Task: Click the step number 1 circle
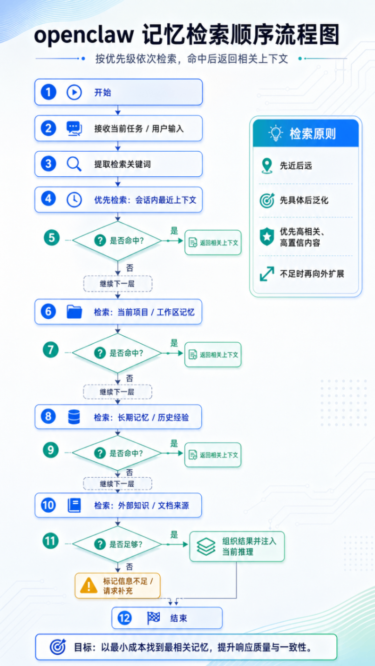coord(48,92)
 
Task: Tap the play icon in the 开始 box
coord(74,92)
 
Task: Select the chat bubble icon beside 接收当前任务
coord(74,128)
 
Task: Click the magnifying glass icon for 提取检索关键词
coord(74,164)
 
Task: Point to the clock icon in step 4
coord(74,199)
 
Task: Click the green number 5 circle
coord(52,238)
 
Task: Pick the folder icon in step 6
coord(74,311)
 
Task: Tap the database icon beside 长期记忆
coord(74,416)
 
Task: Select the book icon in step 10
coord(74,505)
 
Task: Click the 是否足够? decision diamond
coord(117,544)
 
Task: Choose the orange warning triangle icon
coord(89,585)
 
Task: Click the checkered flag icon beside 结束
coord(154,618)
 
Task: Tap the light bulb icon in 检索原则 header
coord(276,133)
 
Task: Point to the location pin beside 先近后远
coord(266,166)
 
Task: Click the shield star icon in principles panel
coord(266,236)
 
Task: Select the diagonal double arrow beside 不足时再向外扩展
coord(266,273)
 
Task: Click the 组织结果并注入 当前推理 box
coord(237,546)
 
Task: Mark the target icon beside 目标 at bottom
coord(58,646)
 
